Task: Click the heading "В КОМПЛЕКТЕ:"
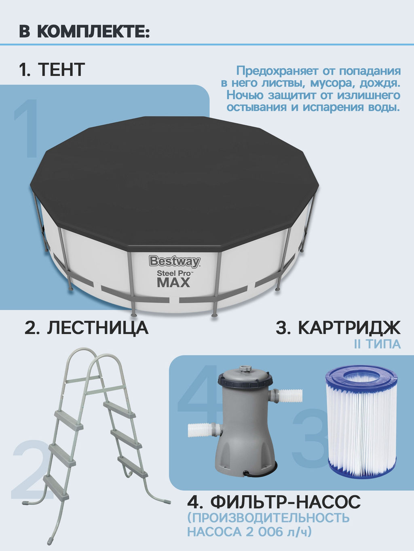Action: pyautogui.click(x=84, y=31)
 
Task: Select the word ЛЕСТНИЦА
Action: pyautogui.click(x=98, y=327)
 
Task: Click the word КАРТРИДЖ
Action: pyautogui.click(x=349, y=327)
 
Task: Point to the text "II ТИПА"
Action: pyautogui.click(x=377, y=344)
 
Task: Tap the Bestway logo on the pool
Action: pyautogui.click(x=175, y=261)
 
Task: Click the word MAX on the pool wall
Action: pyautogui.click(x=173, y=283)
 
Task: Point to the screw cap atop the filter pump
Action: pyautogui.click(x=244, y=369)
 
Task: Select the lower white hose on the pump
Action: pyautogui.click(x=201, y=431)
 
